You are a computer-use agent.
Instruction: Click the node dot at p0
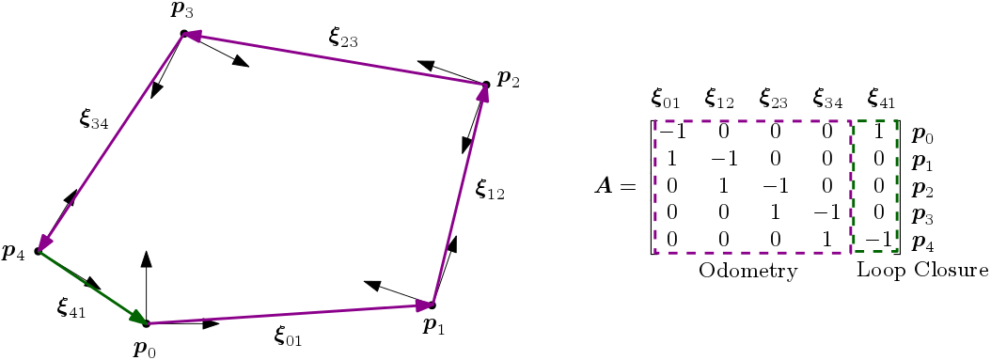147,323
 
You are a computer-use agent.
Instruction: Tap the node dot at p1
433,305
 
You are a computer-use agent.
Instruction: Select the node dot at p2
486,85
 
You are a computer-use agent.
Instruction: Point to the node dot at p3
184,34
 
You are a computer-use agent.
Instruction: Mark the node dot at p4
38,251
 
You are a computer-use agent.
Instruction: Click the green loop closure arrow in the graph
92,287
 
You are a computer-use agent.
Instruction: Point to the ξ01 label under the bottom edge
288,335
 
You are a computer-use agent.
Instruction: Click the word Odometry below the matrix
747,272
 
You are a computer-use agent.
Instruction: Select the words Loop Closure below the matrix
921,272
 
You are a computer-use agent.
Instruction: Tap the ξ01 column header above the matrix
668,97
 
